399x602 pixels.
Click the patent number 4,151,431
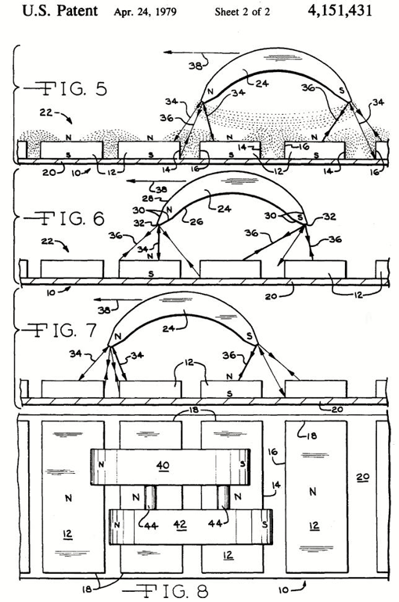coord(340,10)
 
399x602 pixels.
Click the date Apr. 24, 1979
coord(146,12)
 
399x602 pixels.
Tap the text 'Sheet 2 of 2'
coord(243,12)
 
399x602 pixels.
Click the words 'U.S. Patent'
coord(60,11)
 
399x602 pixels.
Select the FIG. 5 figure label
coord(65,88)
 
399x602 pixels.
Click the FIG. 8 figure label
coord(167,590)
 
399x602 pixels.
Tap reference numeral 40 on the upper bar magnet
coord(163,466)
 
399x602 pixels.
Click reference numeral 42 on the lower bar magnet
coord(180,525)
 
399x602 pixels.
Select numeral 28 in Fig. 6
coord(148,198)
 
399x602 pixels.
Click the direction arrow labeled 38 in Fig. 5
coord(201,52)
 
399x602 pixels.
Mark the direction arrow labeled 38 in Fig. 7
coord(118,299)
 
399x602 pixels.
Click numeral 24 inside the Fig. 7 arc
coord(168,328)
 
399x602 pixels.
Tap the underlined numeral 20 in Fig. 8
coord(363,477)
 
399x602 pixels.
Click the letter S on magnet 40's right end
coord(243,464)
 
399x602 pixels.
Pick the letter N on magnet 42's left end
coord(117,525)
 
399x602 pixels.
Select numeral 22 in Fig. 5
coord(46,113)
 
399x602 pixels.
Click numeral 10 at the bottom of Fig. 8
coord(283,589)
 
